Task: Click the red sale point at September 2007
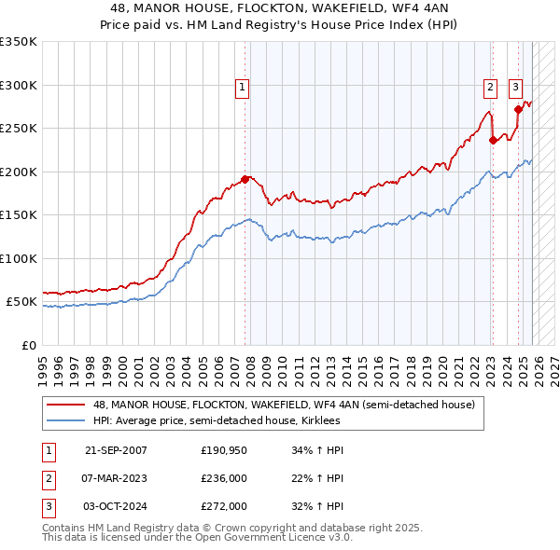(x=245, y=179)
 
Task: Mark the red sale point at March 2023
(x=493, y=141)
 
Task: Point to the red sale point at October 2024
(x=518, y=109)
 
